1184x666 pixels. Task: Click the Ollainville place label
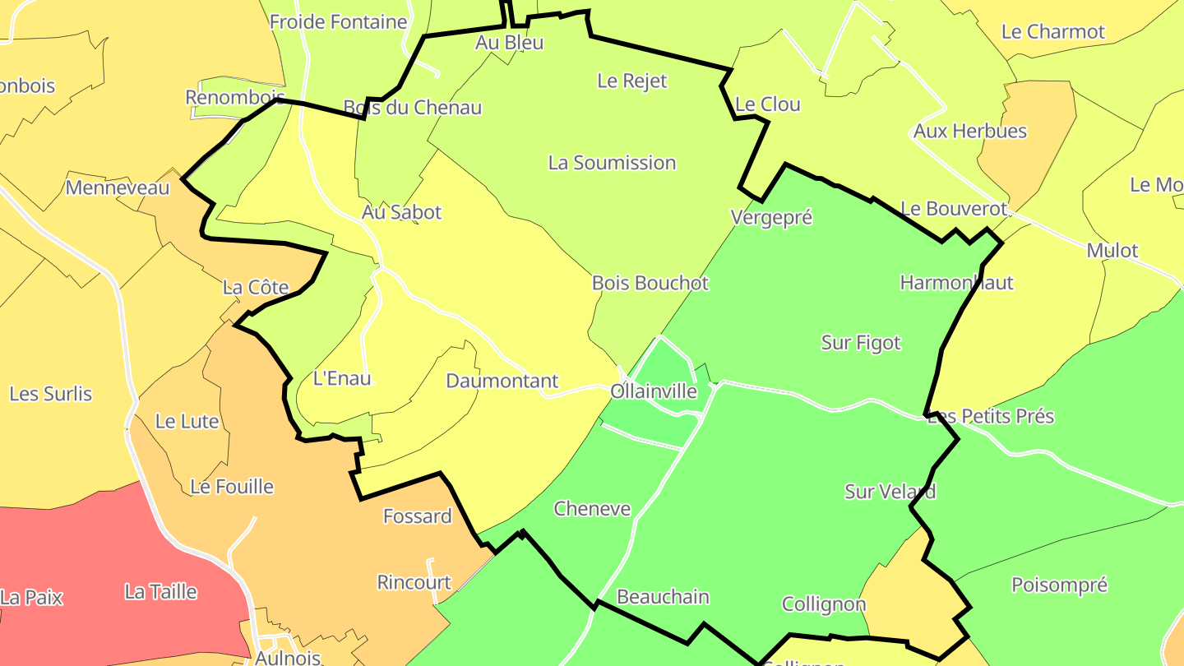click(x=654, y=391)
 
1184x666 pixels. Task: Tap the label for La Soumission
click(x=612, y=163)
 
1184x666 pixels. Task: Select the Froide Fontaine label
click(x=339, y=22)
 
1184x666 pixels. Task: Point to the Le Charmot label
click(x=1052, y=32)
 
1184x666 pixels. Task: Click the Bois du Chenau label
click(x=412, y=108)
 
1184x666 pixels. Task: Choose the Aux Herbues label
click(x=970, y=131)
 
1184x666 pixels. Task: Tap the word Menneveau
click(x=117, y=187)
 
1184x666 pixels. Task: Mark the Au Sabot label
click(x=401, y=212)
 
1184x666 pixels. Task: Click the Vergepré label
click(x=771, y=217)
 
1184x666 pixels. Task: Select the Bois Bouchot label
click(x=650, y=283)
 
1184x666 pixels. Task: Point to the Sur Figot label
click(x=861, y=343)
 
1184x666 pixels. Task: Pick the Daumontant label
click(x=502, y=381)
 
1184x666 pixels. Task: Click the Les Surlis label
click(x=51, y=394)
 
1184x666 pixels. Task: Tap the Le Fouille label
click(x=232, y=487)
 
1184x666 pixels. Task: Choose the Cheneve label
click(x=592, y=509)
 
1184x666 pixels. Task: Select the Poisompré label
click(x=1059, y=585)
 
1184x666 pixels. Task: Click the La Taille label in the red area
click(x=161, y=591)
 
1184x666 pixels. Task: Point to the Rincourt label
click(x=414, y=582)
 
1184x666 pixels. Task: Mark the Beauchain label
click(x=663, y=597)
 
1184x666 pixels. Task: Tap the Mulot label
click(x=1112, y=251)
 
